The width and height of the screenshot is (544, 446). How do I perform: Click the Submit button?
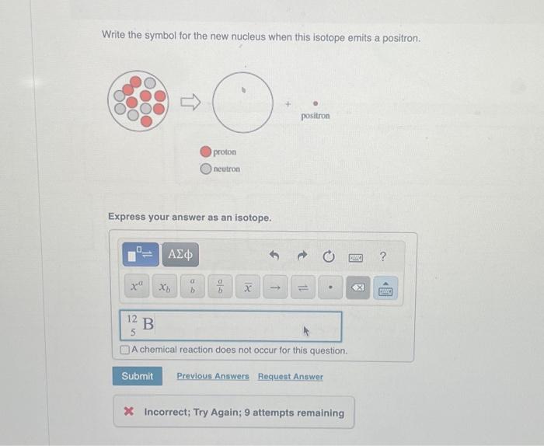138,376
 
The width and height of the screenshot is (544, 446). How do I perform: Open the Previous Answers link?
213,376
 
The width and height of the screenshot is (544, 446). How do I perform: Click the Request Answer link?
291,376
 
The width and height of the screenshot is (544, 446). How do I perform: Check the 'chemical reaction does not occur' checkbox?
125,350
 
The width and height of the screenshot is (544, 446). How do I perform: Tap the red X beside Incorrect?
129,413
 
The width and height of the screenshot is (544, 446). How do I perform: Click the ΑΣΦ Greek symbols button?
183,254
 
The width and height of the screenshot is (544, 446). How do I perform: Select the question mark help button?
382,256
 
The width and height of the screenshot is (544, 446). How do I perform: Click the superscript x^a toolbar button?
137,287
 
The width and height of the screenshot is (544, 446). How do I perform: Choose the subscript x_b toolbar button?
165,287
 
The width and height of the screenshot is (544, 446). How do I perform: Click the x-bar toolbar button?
248,287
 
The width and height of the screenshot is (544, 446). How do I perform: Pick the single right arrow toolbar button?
275,287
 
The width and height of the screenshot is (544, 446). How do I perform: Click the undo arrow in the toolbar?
274,256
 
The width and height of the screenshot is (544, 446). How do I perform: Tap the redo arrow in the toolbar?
300,256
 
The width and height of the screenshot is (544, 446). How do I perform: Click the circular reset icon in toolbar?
329,256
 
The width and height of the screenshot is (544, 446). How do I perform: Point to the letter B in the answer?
148,322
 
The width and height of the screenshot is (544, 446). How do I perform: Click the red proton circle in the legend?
206,152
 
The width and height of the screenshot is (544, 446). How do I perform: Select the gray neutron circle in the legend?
206,168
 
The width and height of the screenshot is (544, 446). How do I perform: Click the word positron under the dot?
315,116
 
